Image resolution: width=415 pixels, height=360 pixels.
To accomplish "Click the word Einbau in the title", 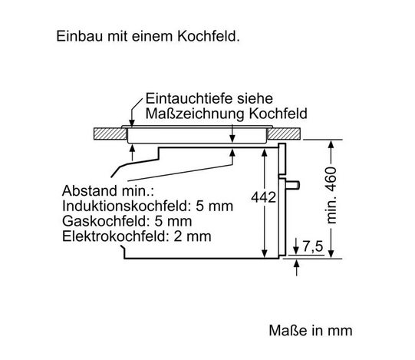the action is [x=80, y=36].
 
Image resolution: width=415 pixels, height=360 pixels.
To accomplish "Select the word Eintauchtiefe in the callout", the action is [x=189, y=98].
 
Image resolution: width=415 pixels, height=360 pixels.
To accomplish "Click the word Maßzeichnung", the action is [x=195, y=114].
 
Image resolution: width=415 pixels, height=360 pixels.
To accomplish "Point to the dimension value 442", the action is [x=263, y=197].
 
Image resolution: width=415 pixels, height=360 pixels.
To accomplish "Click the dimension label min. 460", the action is [x=331, y=195].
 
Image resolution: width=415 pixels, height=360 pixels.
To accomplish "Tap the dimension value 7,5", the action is [x=313, y=246].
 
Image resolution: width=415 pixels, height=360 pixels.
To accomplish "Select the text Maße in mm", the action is [x=311, y=331].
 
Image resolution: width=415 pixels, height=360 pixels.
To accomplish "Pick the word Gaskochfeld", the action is [x=106, y=221].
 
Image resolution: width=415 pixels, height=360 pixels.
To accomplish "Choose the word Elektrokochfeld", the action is [x=115, y=236].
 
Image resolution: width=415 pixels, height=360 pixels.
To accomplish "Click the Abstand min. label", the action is [x=108, y=190].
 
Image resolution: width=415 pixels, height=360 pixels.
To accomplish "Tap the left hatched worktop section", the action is [x=110, y=134].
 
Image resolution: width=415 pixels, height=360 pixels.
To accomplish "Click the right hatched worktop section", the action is [x=285, y=134].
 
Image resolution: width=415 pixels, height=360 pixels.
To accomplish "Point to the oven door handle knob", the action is [x=293, y=185].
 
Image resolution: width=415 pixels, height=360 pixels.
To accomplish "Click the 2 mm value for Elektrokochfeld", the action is [x=193, y=236].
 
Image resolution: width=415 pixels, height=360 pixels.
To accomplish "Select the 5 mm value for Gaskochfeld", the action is [x=173, y=221].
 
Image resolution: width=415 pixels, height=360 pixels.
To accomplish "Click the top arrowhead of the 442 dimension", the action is [x=264, y=152].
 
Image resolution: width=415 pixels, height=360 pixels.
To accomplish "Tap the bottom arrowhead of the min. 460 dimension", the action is [x=331, y=255].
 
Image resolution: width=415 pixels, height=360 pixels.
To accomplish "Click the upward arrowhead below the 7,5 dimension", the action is [x=296, y=263].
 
